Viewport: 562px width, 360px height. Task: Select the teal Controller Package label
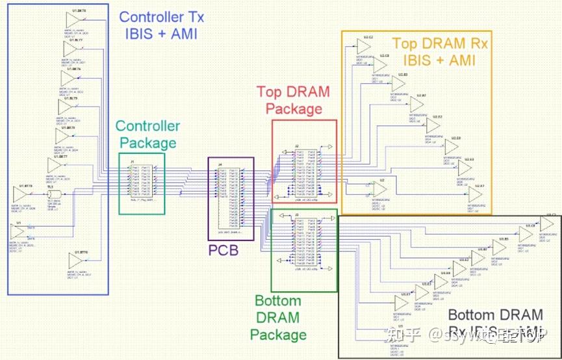147,134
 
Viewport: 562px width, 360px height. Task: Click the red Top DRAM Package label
293,101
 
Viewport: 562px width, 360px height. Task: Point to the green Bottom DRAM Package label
278,318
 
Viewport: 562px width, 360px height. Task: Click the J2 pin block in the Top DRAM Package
304,173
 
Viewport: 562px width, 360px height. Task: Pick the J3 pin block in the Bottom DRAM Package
304,241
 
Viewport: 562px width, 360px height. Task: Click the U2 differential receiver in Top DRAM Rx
379,189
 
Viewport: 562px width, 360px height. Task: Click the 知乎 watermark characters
403,335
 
